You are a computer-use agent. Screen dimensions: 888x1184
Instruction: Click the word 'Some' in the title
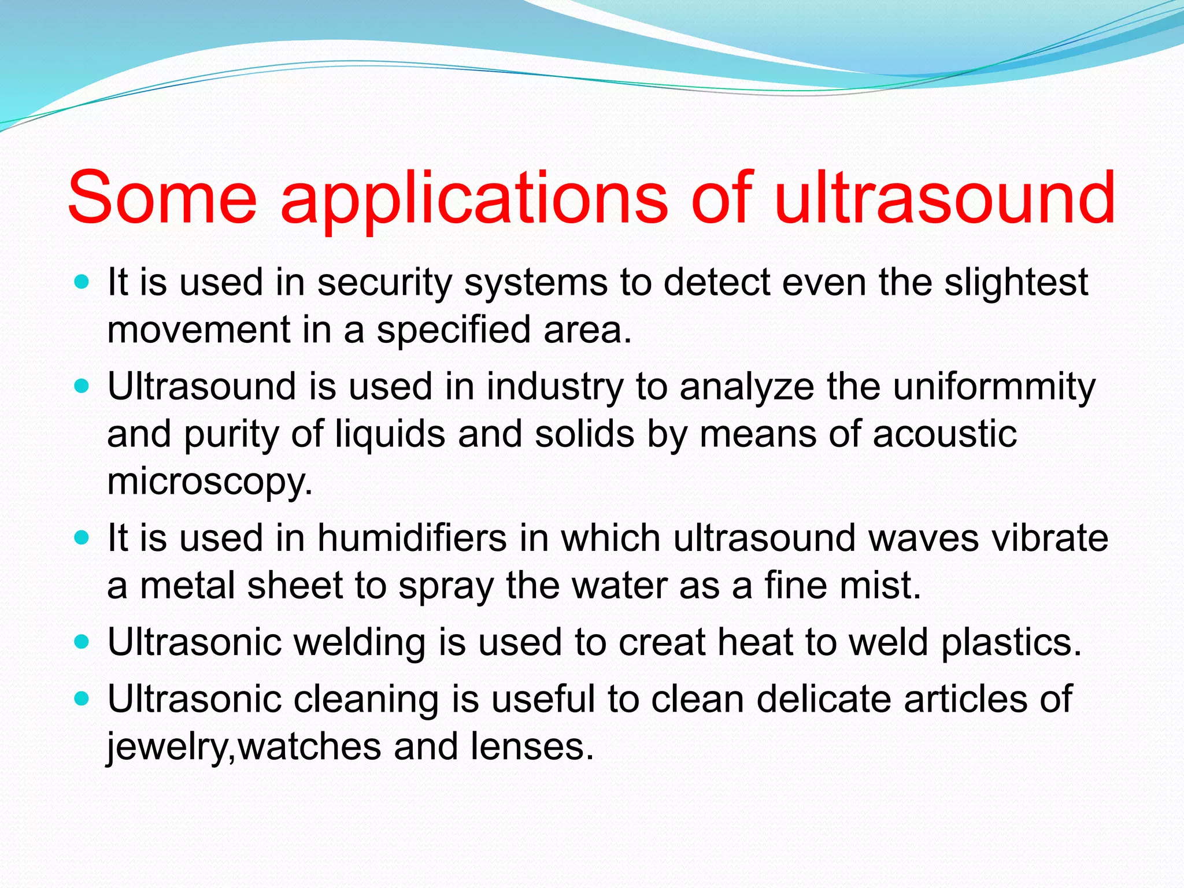(162, 198)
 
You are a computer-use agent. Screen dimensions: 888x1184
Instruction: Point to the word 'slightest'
(1016, 283)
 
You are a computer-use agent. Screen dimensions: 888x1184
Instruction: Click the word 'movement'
(198, 330)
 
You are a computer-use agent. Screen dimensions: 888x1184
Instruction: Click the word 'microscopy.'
(210, 482)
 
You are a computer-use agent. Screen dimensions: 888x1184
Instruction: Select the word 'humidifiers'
(412, 538)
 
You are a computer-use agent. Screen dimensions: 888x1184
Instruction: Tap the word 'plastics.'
(1011, 642)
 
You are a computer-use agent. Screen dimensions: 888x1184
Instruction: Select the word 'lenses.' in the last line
(532, 746)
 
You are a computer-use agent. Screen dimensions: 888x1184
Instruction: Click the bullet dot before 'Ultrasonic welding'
(82, 642)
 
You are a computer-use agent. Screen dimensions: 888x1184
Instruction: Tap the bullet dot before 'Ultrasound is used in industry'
(82, 386)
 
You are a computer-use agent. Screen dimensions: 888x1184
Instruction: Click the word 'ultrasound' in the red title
(944, 198)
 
